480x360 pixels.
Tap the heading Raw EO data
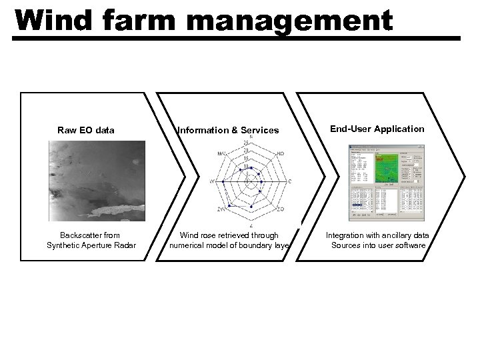85,130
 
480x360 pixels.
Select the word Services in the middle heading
257,131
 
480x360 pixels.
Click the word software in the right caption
409,245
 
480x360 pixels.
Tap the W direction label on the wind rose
213,181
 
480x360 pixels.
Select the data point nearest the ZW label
228,205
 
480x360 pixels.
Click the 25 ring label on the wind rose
247,143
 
